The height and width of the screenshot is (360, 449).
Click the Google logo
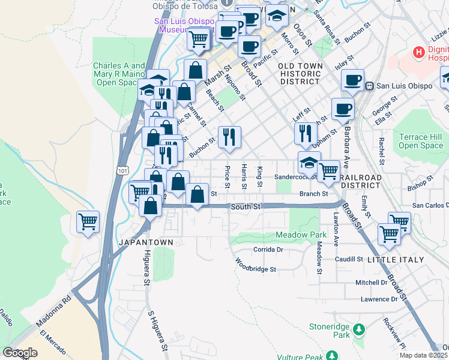[20, 353]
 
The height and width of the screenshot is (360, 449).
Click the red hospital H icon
[419, 52]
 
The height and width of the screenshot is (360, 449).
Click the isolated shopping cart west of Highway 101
[88, 223]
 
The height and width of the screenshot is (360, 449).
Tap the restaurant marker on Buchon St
[229, 137]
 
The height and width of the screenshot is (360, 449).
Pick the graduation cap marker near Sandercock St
[309, 163]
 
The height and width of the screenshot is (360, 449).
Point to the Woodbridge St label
[255, 266]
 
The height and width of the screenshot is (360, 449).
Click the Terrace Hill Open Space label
[421, 141]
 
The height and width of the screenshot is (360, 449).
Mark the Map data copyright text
[423, 355]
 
